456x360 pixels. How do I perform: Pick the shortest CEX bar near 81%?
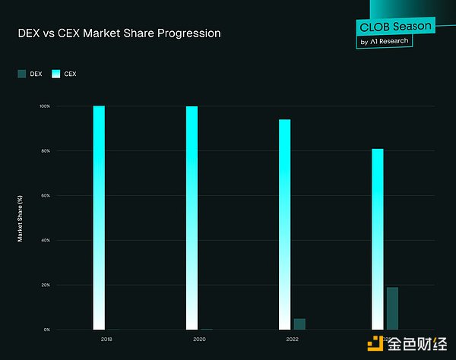(x=378, y=238)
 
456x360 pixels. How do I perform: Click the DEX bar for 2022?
(x=299, y=324)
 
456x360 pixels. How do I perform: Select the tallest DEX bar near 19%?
(x=392, y=308)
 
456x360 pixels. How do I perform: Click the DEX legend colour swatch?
(x=21, y=74)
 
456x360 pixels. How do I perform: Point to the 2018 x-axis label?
(x=106, y=339)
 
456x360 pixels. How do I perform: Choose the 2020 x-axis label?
(x=199, y=339)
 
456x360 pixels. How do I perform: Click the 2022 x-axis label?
(x=292, y=339)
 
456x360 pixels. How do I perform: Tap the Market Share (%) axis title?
(x=21, y=219)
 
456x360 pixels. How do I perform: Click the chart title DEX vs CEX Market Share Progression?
(x=119, y=34)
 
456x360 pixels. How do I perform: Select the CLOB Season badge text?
(x=394, y=27)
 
